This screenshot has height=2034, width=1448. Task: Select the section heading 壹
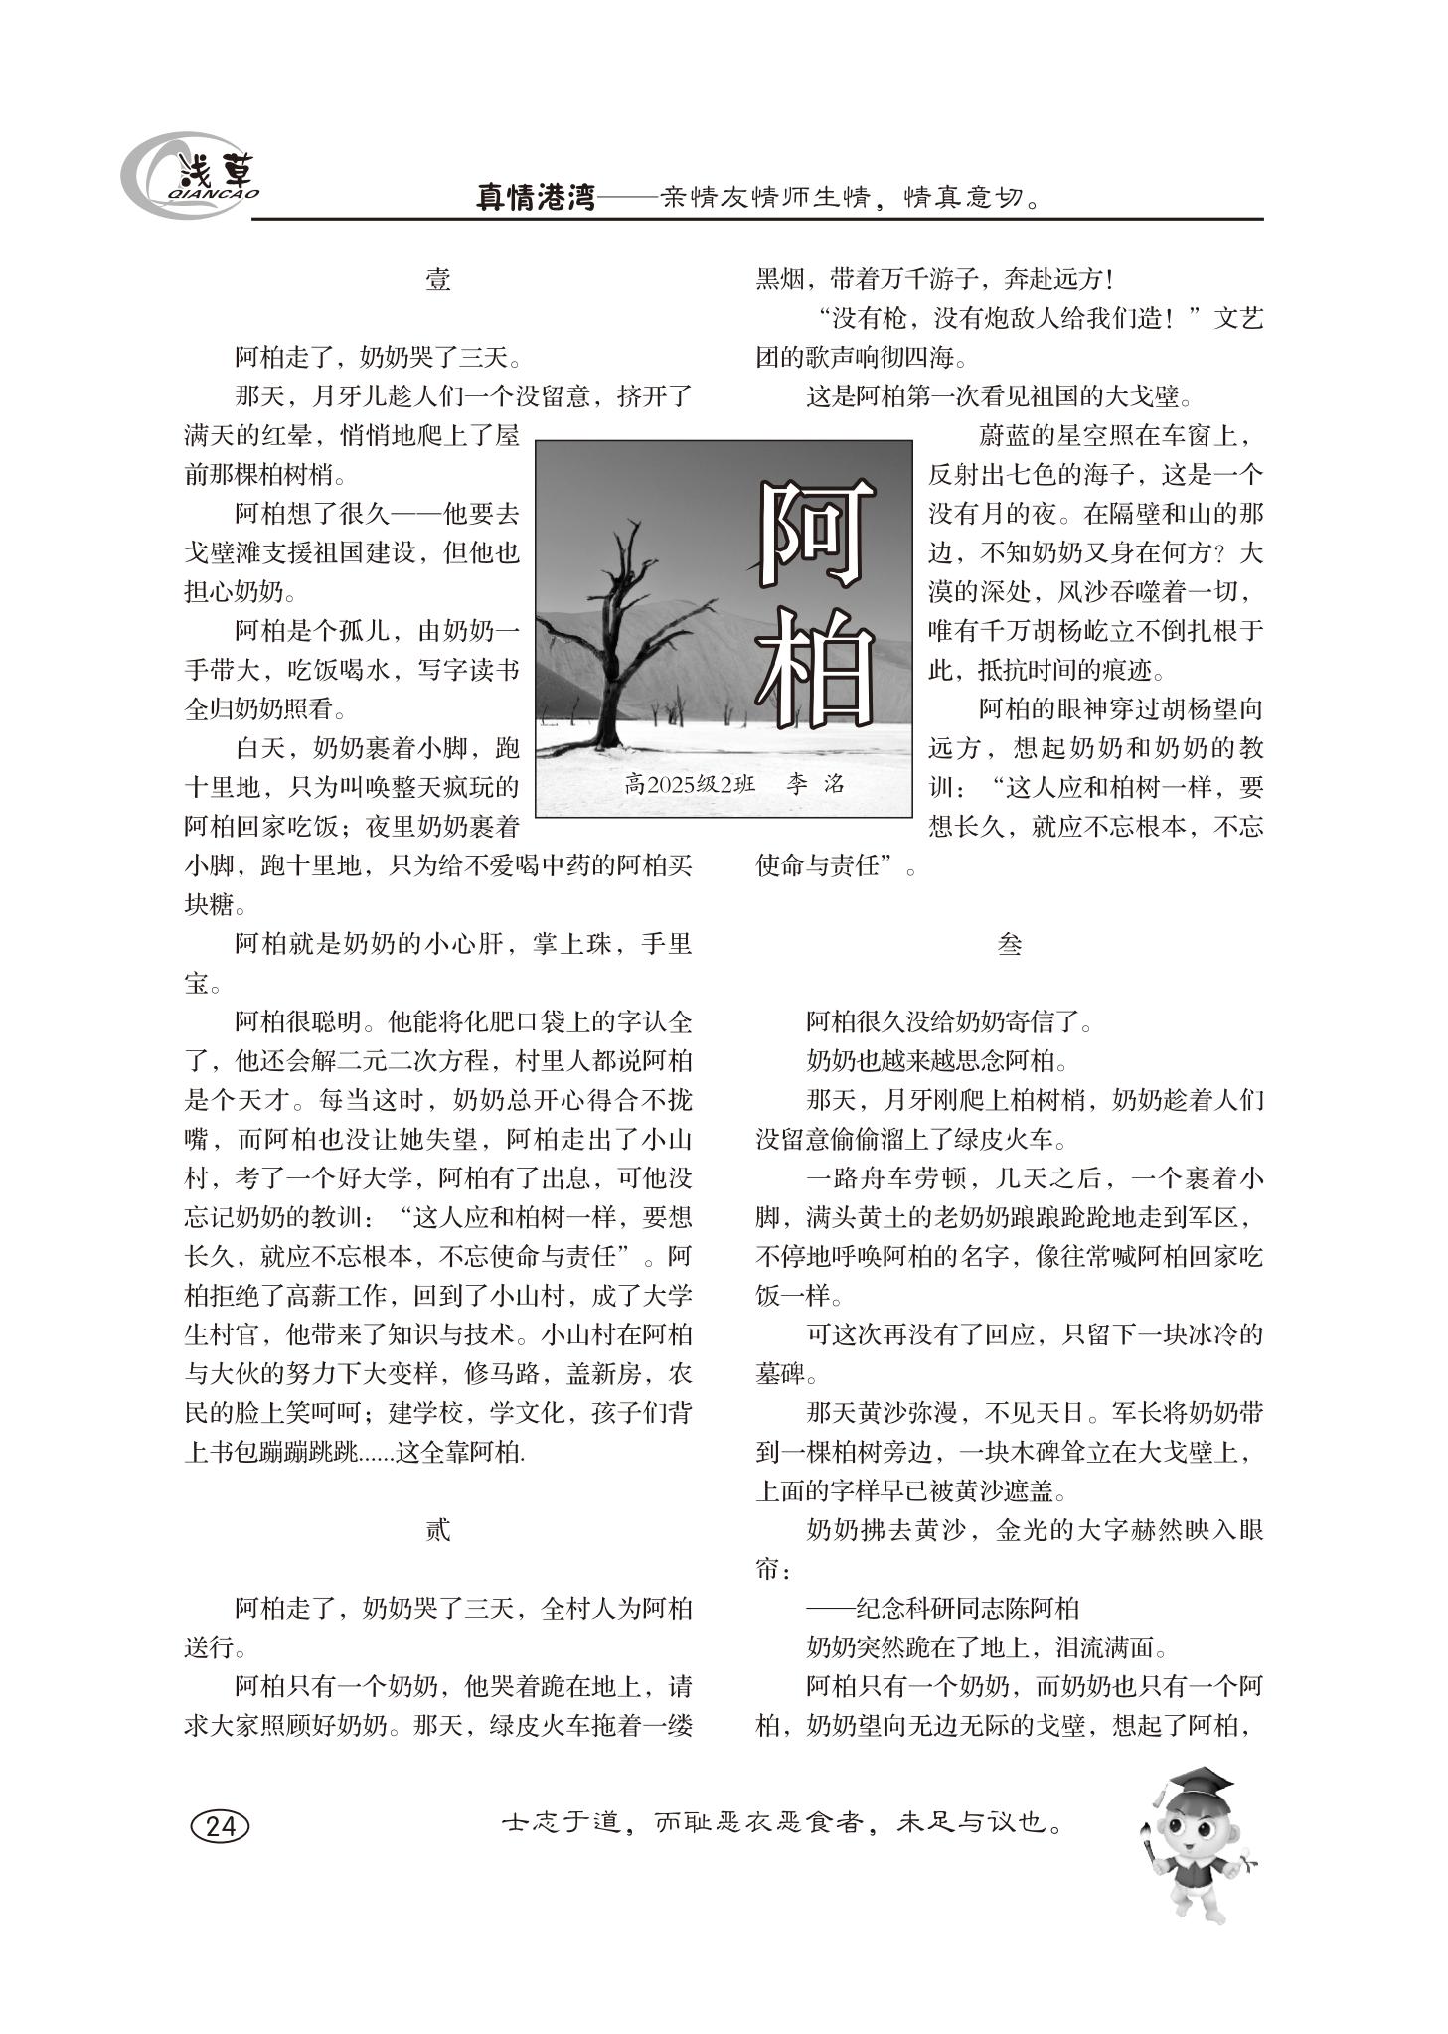tap(437, 280)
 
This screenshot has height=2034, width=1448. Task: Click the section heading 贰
tap(437, 1530)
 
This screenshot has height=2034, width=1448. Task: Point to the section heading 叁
tap(1009, 945)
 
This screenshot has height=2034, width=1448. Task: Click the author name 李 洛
tap(814, 784)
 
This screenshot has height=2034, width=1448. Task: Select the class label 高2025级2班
tap(690, 784)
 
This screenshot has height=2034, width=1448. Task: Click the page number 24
tap(220, 1826)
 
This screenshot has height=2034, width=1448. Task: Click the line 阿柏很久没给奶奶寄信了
tap(949, 1022)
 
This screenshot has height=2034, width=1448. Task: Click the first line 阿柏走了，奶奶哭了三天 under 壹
tap(378, 358)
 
